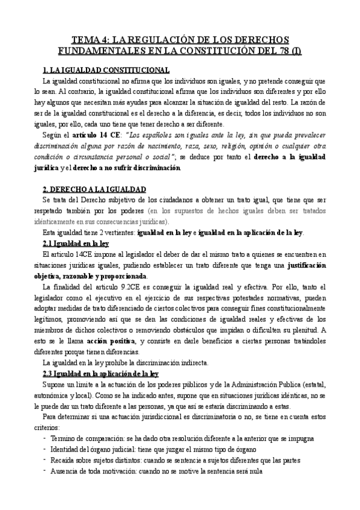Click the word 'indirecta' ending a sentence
(x=191, y=363)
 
